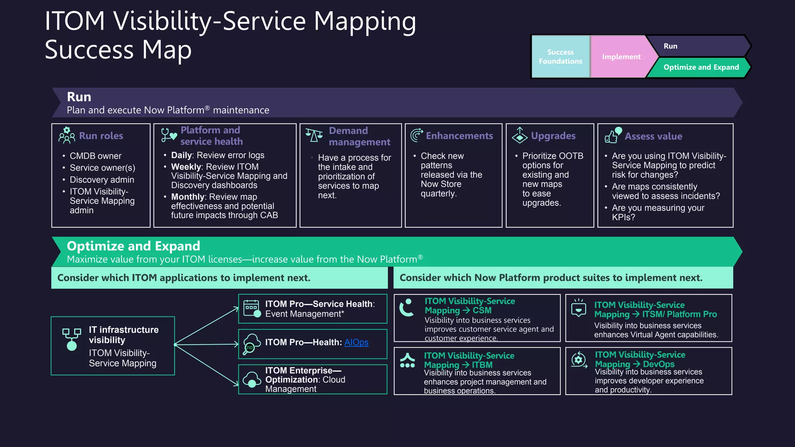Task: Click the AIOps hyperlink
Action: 356,342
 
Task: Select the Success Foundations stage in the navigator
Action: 560,57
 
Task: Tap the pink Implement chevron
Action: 621,57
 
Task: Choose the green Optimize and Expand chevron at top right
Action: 701,67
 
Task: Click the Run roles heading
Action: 101,136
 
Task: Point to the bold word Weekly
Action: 186,167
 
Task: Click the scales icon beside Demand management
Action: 314,135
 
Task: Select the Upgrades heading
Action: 553,136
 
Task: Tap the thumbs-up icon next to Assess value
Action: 613,135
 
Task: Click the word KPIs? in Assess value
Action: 623,217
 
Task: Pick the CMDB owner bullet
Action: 95,156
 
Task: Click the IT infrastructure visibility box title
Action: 123,334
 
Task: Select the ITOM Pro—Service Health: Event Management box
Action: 312,309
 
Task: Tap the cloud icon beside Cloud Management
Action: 252,379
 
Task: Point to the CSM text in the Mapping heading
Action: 482,310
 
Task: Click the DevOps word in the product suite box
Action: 658,364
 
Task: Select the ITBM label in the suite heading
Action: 482,365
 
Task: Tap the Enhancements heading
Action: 459,136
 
